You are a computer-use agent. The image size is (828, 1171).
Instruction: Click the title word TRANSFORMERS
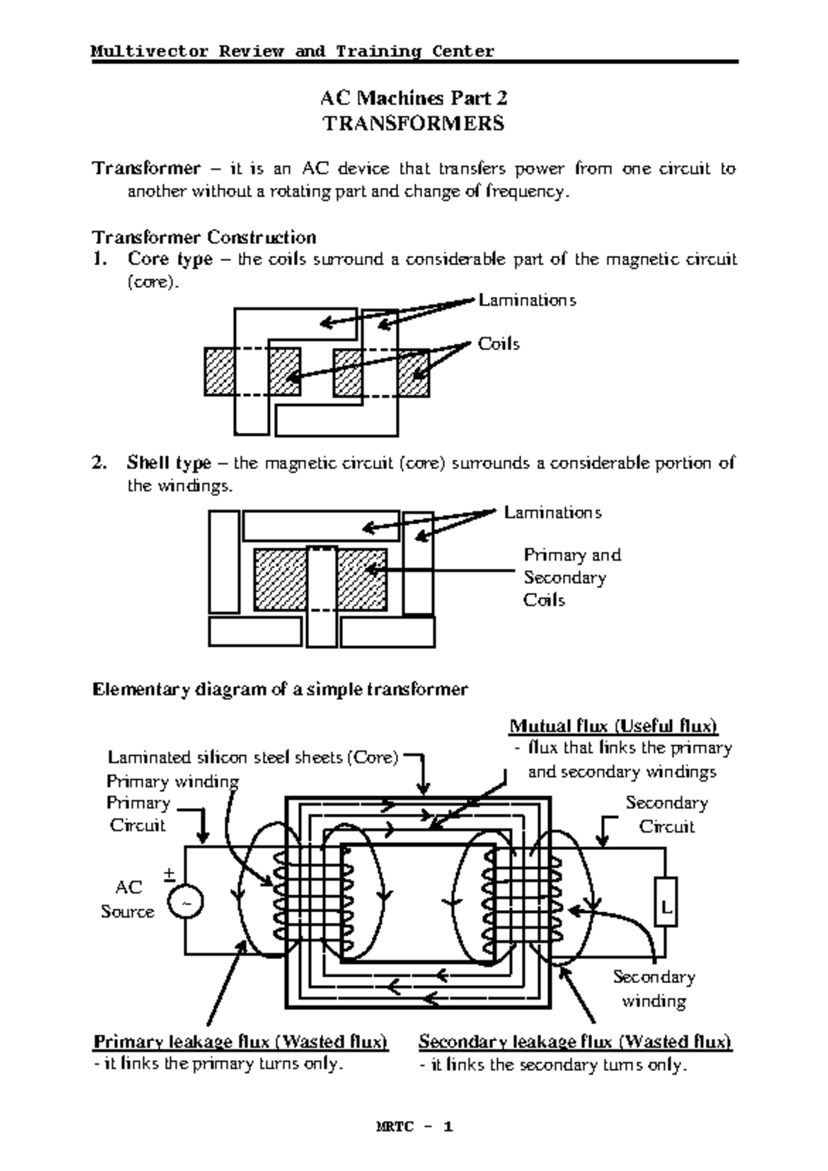[414, 124]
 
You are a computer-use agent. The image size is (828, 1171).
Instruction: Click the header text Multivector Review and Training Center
[293, 51]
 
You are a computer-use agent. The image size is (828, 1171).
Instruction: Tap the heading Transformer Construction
[204, 238]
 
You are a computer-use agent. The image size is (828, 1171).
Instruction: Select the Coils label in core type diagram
[498, 344]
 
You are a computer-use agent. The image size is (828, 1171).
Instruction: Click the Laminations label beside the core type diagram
[527, 300]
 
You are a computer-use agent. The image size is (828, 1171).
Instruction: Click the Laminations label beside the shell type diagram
[552, 512]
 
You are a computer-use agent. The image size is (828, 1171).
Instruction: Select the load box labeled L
[666, 902]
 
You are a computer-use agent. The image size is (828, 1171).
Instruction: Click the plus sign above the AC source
[169, 874]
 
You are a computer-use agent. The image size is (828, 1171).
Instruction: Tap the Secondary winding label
[653, 989]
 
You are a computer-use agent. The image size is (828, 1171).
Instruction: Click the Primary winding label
[172, 782]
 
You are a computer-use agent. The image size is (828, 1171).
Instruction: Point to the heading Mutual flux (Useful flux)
[613, 726]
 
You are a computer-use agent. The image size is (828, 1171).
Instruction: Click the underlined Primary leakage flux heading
[241, 1041]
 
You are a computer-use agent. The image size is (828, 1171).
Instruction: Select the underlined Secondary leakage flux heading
[575, 1041]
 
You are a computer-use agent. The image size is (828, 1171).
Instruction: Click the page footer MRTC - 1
[414, 1127]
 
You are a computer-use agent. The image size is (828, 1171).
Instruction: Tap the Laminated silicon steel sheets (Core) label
[253, 757]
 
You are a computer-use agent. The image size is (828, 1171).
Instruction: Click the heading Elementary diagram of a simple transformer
[280, 689]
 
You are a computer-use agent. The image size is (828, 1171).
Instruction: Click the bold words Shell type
[169, 463]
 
